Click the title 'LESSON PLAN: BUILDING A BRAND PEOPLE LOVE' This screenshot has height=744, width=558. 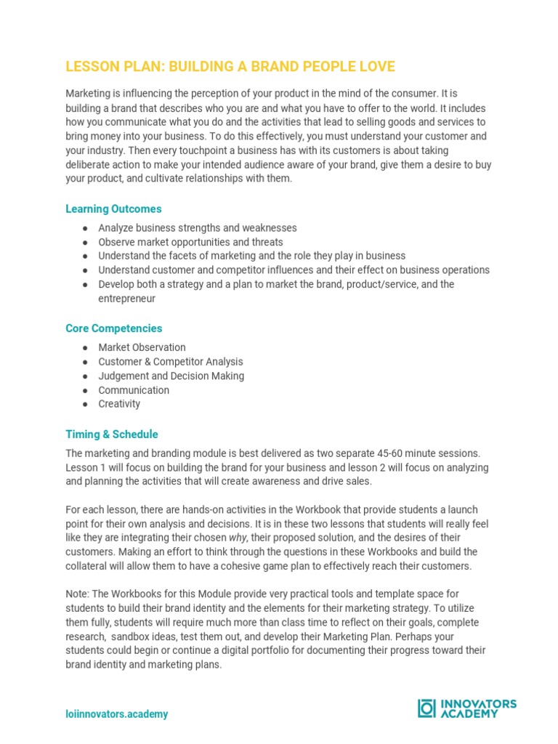pos(230,67)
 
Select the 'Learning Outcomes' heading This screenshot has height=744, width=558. pos(113,209)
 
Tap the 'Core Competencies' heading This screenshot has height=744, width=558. pos(114,328)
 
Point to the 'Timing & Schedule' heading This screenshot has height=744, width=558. pos(111,434)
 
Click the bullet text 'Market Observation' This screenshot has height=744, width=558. pos(142,347)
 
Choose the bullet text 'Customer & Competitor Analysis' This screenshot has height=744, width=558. pos(171,362)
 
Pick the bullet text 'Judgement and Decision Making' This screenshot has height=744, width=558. pos(171,376)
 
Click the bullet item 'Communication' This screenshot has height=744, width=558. pos(134,390)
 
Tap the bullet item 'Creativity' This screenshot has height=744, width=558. pos(119,404)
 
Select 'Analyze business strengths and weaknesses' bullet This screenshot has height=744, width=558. pos(198,228)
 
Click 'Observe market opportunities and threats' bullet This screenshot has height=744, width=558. pos(190,242)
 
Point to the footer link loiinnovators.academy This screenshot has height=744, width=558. pos(116,714)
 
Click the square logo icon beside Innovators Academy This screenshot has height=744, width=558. pos(426,708)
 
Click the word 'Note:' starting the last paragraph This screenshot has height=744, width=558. pos(78,594)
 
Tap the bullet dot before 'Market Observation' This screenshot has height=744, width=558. pos(85,348)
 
